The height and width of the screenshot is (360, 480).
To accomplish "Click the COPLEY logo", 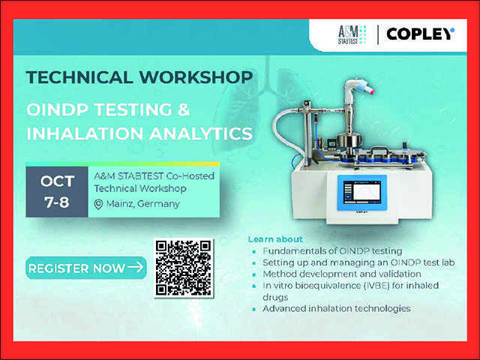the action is click(x=420, y=34).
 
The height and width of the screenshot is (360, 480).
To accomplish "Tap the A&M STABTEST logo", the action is click(x=352, y=35).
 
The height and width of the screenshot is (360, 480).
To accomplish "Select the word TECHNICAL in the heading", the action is click(x=79, y=76).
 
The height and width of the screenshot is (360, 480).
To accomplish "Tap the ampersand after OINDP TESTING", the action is click(x=184, y=109).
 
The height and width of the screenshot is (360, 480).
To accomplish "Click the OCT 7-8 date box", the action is click(x=57, y=192).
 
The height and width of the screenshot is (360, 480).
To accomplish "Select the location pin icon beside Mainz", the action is click(x=98, y=205).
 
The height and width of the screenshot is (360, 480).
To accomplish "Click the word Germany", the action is click(x=158, y=204).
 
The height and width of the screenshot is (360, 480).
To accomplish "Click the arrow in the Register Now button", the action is click(x=135, y=267).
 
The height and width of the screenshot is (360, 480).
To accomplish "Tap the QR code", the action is click(x=183, y=268).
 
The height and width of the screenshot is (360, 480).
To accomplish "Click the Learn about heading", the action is click(x=275, y=239).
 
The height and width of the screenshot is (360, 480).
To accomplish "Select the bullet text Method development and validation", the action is click(x=342, y=274).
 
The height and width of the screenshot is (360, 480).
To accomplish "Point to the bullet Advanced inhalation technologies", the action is click(x=337, y=308).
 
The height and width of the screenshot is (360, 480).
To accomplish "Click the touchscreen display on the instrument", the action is click(x=362, y=193).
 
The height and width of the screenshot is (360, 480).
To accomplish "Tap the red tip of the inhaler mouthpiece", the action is click(x=370, y=90).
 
